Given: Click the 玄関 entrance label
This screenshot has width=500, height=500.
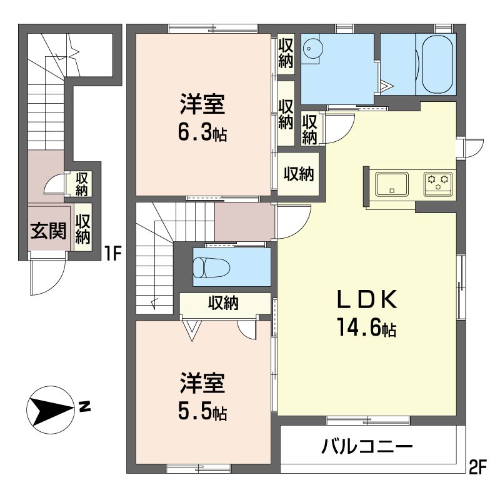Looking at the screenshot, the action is pyautogui.click(x=48, y=231).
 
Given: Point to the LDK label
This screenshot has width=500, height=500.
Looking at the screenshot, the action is pyautogui.click(x=367, y=299).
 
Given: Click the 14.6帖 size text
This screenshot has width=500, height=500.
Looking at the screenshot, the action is pyautogui.click(x=367, y=328).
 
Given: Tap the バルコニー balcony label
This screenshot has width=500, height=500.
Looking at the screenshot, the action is pyautogui.click(x=367, y=446).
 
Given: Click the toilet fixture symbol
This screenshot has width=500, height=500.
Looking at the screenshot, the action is pyautogui.click(x=211, y=267).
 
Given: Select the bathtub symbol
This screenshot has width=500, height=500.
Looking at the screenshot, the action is pyautogui.click(x=437, y=64).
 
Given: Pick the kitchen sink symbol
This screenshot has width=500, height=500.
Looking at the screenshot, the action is pyautogui.click(x=392, y=184).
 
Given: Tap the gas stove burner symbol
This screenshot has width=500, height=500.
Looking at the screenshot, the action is pyautogui.click(x=438, y=184).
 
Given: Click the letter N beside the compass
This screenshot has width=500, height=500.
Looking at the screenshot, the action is pyautogui.click(x=85, y=407).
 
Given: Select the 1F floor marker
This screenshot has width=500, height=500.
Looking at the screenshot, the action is pyautogui.click(x=114, y=254).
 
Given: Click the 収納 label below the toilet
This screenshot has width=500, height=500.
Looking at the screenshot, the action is pyautogui.click(x=223, y=302).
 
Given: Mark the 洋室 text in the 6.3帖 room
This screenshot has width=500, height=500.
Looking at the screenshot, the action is pyautogui.click(x=202, y=104).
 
